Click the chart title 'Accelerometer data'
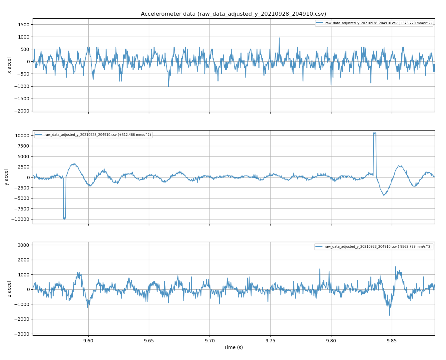[233, 14]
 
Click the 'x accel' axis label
[9, 65]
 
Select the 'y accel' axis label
[6, 177]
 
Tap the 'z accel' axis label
[9, 289]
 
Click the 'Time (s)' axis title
[233, 347]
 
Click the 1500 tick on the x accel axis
[23, 24]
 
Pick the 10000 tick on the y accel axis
[22, 136]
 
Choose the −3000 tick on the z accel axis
[22, 334]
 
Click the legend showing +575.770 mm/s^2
[374, 23]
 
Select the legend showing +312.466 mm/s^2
[93, 135]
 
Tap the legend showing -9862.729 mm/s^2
[373, 247]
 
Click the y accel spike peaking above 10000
[375, 133]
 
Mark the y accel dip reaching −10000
[64, 218]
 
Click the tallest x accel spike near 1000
[279, 38]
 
